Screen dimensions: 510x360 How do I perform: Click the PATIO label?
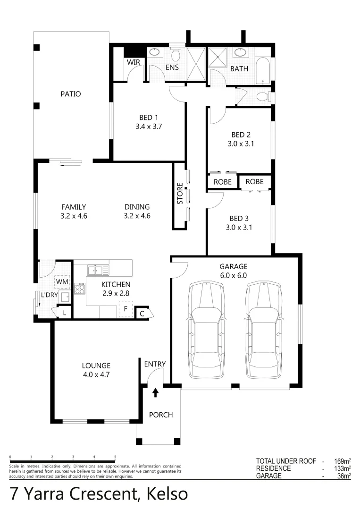(x=70, y=94)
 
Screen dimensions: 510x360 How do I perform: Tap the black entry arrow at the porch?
(x=155, y=392)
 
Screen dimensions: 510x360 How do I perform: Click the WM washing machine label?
(x=62, y=282)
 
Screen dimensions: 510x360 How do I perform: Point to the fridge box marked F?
(x=126, y=310)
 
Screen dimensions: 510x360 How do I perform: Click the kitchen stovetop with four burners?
(x=79, y=288)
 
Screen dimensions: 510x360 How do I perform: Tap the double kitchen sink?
(x=98, y=271)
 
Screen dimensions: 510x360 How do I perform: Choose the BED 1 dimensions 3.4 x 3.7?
(x=148, y=127)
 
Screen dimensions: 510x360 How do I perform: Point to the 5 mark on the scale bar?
(x=115, y=457)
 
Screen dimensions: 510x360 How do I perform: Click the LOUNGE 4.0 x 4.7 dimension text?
(x=96, y=374)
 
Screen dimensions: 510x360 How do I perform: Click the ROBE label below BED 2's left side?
(x=222, y=182)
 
